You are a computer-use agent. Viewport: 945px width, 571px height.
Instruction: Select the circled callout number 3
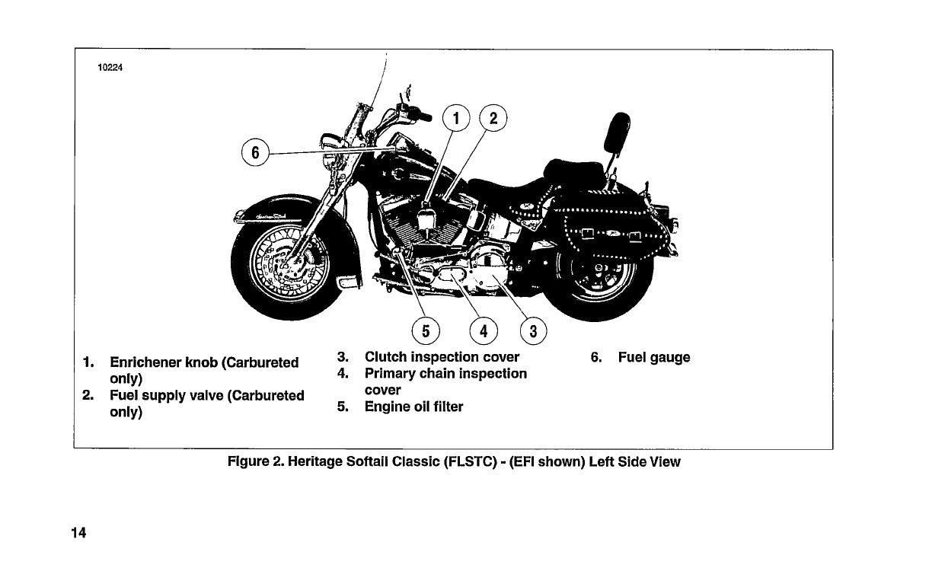click(x=533, y=331)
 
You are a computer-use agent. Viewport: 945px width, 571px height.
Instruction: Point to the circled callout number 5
click(x=425, y=331)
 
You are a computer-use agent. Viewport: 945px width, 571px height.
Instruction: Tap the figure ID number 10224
click(x=110, y=67)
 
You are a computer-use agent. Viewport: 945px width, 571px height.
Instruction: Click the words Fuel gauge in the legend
click(x=654, y=357)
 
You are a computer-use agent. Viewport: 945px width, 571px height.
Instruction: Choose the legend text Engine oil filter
click(x=413, y=407)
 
